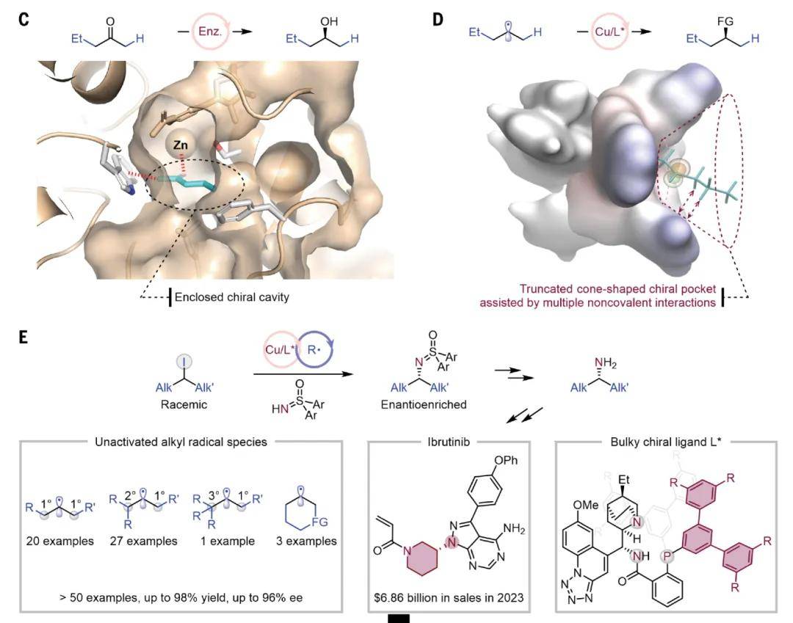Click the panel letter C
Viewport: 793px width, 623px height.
[23, 20]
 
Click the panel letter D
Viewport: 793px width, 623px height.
[438, 20]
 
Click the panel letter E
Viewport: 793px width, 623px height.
[23, 337]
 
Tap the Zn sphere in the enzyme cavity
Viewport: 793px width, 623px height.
[181, 145]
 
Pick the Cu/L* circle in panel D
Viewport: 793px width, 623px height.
[609, 32]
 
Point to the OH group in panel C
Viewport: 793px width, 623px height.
[329, 21]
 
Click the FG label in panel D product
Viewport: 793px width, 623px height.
[725, 21]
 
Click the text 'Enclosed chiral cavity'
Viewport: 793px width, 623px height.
[232, 297]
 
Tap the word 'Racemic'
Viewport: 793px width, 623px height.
[184, 404]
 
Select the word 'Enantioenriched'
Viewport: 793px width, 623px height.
[424, 404]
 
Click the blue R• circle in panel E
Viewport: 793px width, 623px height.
[315, 349]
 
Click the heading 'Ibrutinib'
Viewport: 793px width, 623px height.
[449, 442]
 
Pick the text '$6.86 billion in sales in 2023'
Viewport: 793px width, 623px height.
[449, 598]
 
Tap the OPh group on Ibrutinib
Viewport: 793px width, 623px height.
[506, 460]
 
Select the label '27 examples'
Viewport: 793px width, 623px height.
[144, 541]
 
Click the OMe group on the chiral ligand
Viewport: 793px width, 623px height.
[586, 505]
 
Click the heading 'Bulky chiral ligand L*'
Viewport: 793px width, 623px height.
[666, 442]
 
